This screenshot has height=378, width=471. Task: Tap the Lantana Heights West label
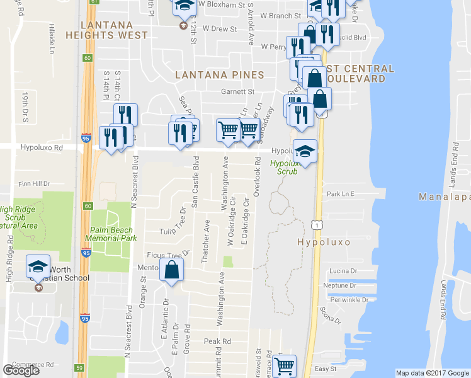click(x=115, y=30)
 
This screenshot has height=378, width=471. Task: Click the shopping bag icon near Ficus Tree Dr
click(x=171, y=270)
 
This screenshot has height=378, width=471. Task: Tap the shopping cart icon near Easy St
click(x=285, y=364)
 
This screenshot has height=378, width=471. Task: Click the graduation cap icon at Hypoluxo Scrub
click(x=305, y=152)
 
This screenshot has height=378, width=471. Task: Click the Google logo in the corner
click(x=21, y=370)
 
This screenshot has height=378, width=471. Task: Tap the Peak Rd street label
click(x=217, y=341)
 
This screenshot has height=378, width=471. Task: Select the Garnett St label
click(x=237, y=91)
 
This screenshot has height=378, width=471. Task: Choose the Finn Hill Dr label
click(x=34, y=183)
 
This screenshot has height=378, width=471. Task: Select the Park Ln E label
click(x=341, y=193)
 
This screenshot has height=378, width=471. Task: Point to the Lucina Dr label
click(x=343, y=270)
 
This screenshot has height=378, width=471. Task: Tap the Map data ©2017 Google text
click(x=432, y=373)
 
